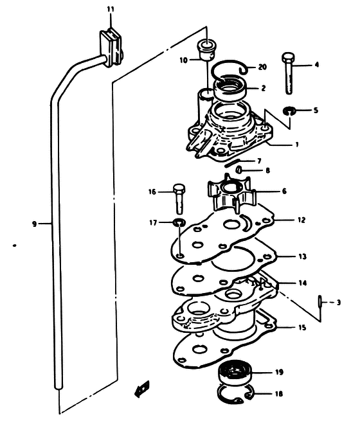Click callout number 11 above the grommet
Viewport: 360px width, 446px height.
pyautogui.click(x=111, y=10)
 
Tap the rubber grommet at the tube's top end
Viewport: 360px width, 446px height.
pyautogui.click(x=111, y=47)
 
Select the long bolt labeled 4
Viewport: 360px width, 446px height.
pyautogui.click(x=288, y=73)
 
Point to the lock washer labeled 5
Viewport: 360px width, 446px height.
pyautogui.click(x=290, y=111)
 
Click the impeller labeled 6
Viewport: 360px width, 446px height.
pyautogui.click(x=232, y=193)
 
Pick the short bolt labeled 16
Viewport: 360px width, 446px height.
pyautogui.click(x=179, y=199)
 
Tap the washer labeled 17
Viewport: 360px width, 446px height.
pyautogui.click(x=179, y=222)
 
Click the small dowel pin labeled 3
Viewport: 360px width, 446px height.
pyautogui.click(x=320, y=301)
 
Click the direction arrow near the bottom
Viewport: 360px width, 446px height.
pyautogui.click(x=142, y=389)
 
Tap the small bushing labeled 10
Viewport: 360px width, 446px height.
pyautogui.click(x=206, y=51)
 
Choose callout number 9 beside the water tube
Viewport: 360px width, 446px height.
pyautogui.click(x=35, y=224)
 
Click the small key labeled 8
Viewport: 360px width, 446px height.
pyautogui.click(x=239, y=170)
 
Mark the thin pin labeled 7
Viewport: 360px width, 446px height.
pyautogui.click(x=232, y=163)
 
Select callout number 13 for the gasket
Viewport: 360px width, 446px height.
pyautogui.click(x=303, y=256)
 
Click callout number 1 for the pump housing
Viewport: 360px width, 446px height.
pyautogui.click(x=297, y=145)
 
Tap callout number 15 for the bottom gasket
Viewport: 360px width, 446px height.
pyautogui.click(x=302, y=327)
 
